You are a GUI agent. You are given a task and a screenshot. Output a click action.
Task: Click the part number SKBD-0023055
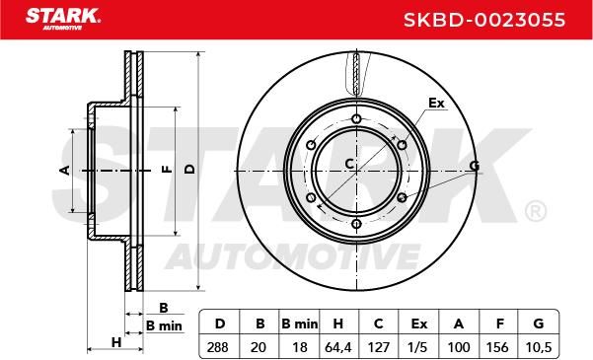[x=484, y=20]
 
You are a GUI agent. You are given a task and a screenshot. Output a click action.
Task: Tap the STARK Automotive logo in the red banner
[x=63, y=19]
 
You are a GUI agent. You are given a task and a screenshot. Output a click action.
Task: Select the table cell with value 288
[x=218, y=347]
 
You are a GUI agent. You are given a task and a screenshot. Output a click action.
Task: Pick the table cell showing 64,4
[x=338, y=347]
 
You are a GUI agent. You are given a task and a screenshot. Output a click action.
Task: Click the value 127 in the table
[x=379, y=347]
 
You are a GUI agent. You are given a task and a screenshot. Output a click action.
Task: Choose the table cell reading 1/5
[x=418, y=347]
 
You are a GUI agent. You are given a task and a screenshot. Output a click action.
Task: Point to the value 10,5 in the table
[x=539, y=347]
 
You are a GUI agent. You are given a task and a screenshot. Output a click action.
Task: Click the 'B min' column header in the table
[x=300, y=324]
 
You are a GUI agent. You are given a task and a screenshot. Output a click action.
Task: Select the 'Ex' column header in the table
[x=418, y=324]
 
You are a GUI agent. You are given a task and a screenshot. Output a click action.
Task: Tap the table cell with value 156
[x=498, y=347]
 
